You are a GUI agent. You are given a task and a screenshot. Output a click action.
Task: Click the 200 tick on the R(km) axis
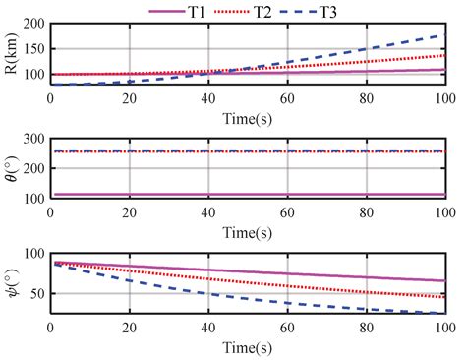click(32, 24)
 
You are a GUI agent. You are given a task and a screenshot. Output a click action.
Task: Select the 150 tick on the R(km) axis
click(32, 49)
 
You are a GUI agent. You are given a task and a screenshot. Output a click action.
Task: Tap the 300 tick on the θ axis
click(32, 139)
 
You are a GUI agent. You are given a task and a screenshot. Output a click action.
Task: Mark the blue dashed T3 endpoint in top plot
click(443, 35)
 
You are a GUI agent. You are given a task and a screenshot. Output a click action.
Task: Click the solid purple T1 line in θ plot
click(246, 194)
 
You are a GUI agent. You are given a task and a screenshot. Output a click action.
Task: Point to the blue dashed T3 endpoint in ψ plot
click(443, 313)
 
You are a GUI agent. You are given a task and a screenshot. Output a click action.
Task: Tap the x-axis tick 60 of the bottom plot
click(286, 328)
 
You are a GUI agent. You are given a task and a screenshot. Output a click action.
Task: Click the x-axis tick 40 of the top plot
click(207, 99)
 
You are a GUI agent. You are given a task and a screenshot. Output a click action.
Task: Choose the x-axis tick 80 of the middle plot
click(365, 213)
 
